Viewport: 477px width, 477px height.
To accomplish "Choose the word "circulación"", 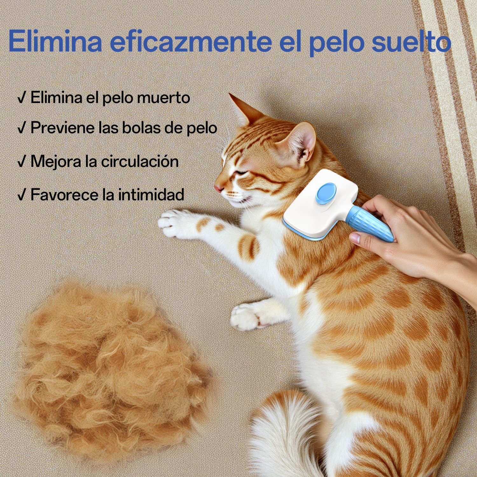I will coord(140,162).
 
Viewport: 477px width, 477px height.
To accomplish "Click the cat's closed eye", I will coord(242,172).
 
